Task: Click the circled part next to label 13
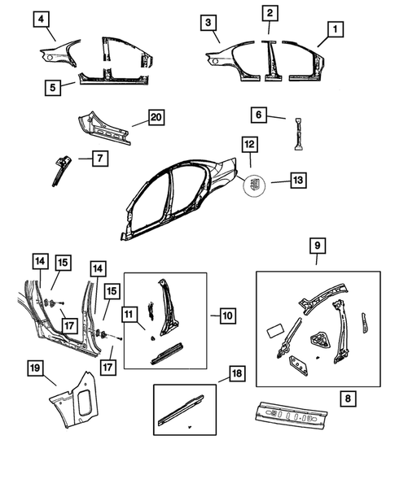256,185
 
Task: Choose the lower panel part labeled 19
72,398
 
